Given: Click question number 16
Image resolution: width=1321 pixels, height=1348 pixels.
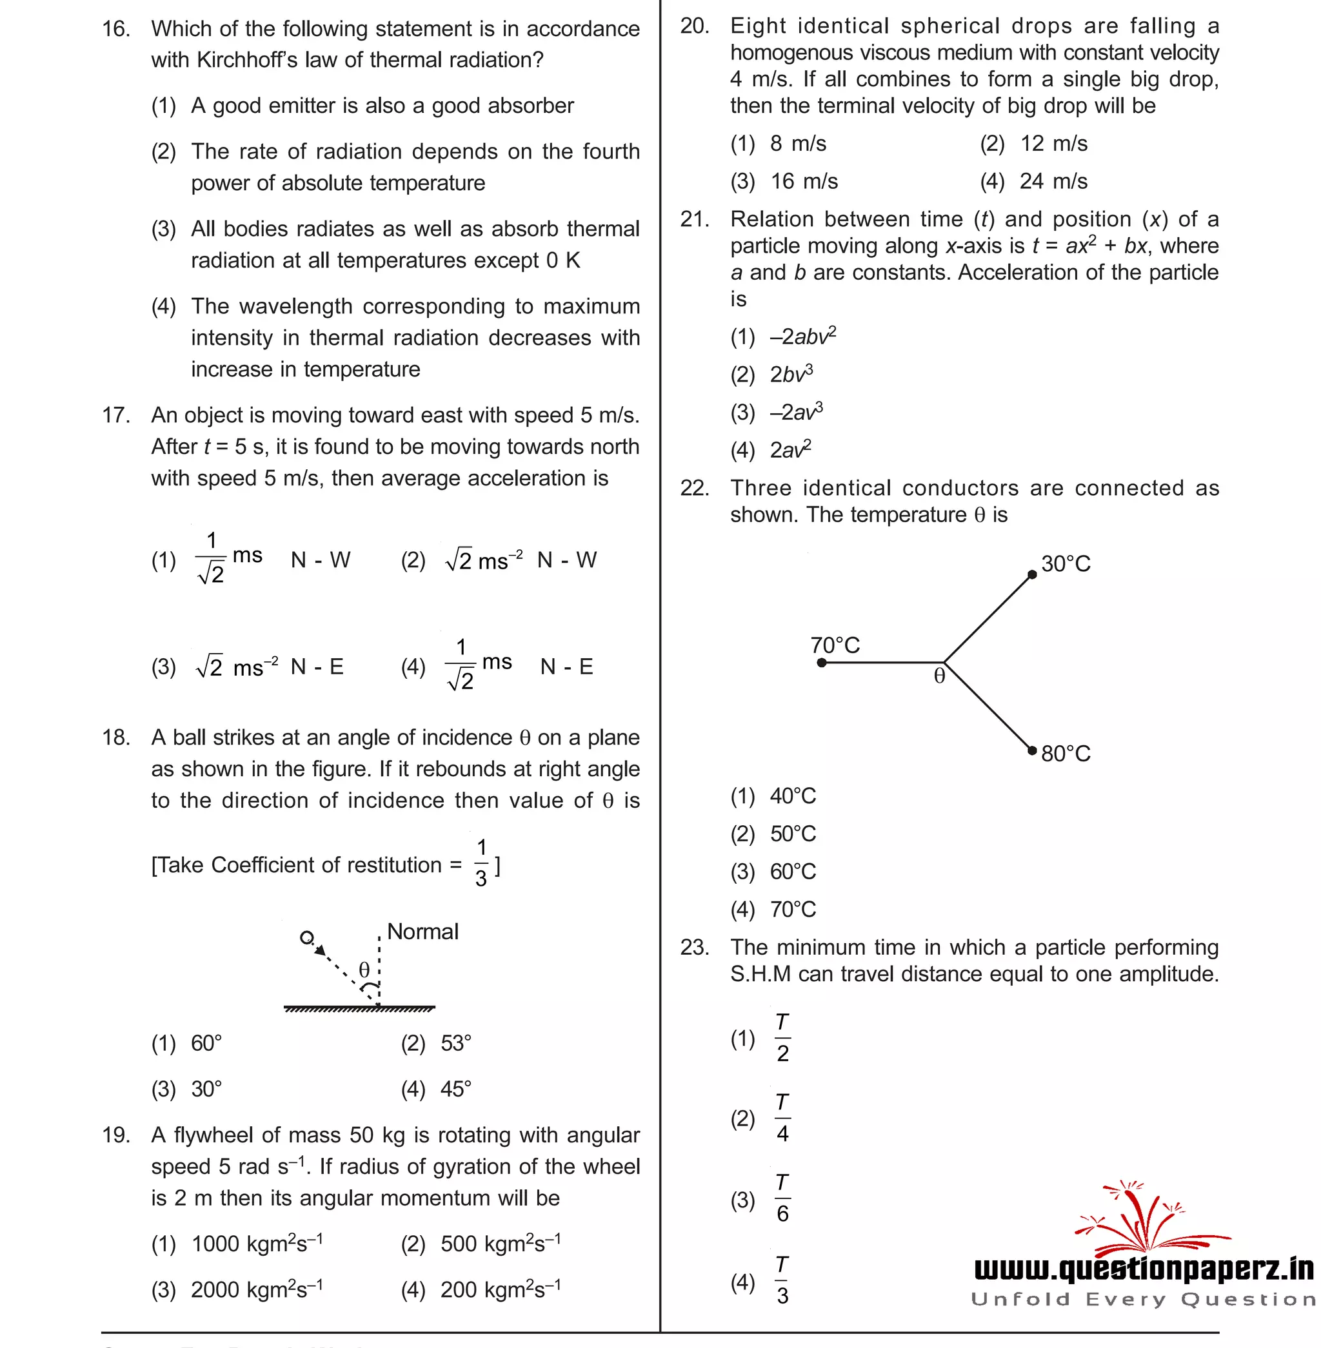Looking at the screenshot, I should point(116,29).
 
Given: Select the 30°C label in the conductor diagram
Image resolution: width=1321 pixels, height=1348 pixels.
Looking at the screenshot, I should point(1065,563).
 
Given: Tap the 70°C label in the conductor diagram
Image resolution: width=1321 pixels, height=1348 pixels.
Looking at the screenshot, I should point(835,645).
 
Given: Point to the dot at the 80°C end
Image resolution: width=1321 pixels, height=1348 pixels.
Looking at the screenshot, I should point(1031,750).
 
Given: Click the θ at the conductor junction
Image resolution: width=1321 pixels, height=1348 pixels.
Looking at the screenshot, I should point(939,676).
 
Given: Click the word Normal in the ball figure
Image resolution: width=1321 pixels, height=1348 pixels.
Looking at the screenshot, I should point(422,932).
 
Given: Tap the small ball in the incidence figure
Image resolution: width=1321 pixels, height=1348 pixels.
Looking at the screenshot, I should point(306,937).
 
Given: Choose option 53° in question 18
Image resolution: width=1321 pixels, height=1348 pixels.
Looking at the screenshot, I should point(455,1043).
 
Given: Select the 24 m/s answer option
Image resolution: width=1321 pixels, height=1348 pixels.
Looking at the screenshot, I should point(1053,182).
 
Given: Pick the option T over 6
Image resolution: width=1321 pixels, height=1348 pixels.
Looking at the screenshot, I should point(782,1198).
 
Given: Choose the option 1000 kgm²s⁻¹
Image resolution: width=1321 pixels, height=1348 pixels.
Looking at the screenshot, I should point(256,1244).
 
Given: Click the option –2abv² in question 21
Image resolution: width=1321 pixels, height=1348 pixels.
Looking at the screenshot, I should point(803,337).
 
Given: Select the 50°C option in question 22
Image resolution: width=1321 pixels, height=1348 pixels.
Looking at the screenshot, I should point(792,834).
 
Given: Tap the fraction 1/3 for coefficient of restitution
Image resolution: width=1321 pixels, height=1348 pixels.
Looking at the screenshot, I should point(481,863).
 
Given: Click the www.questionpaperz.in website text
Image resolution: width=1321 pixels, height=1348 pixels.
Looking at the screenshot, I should point(1144,1268).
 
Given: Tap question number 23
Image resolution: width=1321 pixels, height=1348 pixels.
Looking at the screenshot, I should point(695,947).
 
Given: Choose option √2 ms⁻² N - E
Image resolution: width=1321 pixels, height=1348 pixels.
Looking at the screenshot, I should point(269,667).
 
